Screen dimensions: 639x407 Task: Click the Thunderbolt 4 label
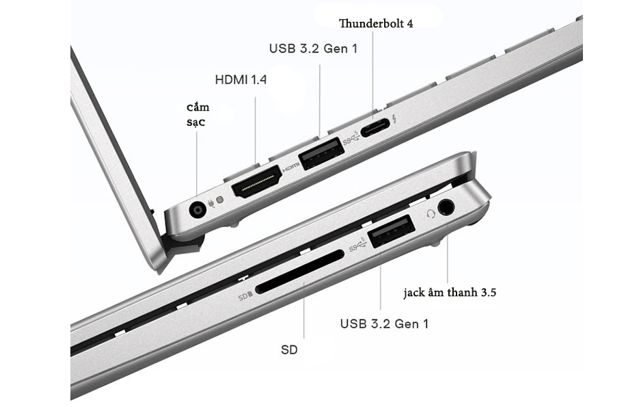coord(376,23)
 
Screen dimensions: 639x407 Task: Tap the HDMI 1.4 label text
coord(241,79)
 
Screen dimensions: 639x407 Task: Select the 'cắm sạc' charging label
coord(198,114)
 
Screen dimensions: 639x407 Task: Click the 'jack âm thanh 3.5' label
coord(450,292)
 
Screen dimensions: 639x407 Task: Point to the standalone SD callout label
coord(289,350)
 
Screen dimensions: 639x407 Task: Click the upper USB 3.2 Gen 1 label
coord(313,49)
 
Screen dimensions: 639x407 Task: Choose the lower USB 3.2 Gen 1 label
coord(384,324)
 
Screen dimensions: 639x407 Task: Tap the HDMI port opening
coord(257,181)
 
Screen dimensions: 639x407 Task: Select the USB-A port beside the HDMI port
coord(321,154)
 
